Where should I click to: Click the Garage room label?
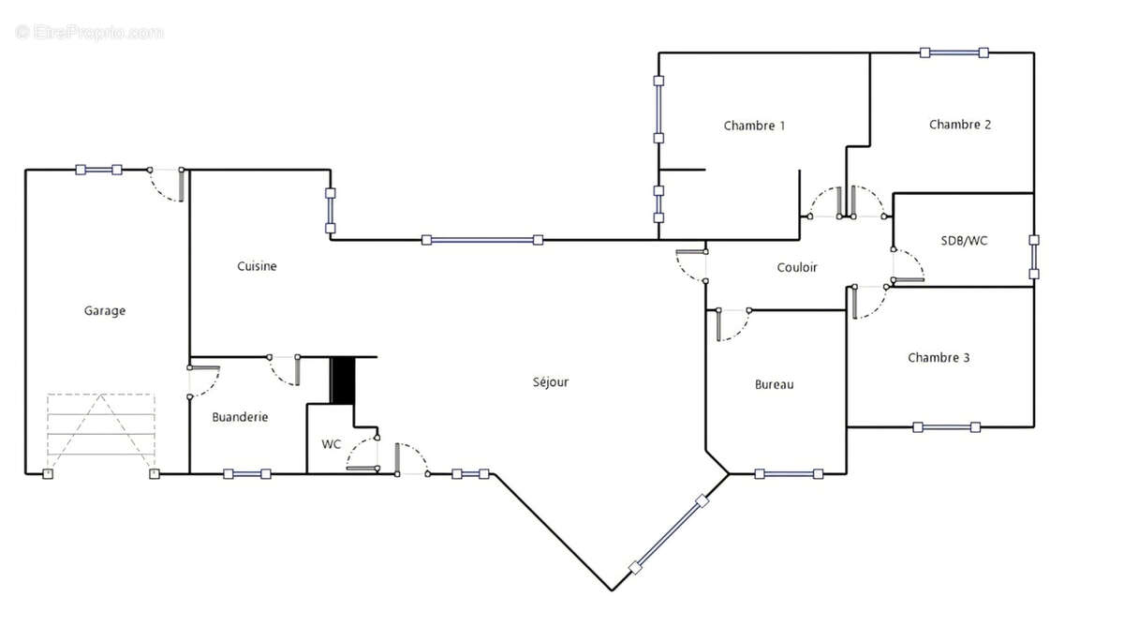(104, 311)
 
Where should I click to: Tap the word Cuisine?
(257, 266)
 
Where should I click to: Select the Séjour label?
(551, 382)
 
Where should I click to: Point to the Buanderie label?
(240, 417)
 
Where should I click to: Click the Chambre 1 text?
(754, 126)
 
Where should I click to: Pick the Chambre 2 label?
(960, 125)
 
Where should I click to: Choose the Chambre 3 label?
(939, 357)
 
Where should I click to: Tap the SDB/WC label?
(964, 241)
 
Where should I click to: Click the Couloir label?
(797, 267)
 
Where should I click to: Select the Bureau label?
(775, 384)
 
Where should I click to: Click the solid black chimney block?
(343, 380)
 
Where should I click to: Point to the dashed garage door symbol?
(101, 432)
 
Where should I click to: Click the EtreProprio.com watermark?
(89, 33)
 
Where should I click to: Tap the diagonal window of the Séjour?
(669, 534)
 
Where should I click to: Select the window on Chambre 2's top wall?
(954, 52)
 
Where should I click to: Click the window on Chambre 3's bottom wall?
(946, 427)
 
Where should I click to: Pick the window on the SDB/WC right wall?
(1034, 257)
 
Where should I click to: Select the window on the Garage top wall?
(98, 170)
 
